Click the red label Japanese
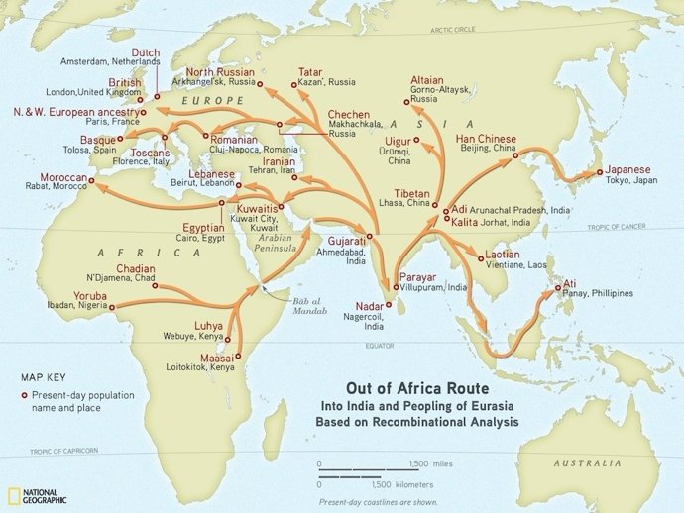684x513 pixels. [x=628, y=170]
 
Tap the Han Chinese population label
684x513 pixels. [x=486, y=137]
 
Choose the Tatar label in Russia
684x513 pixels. [x=310, y=71]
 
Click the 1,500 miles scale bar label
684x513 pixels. [x=430, y=462]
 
